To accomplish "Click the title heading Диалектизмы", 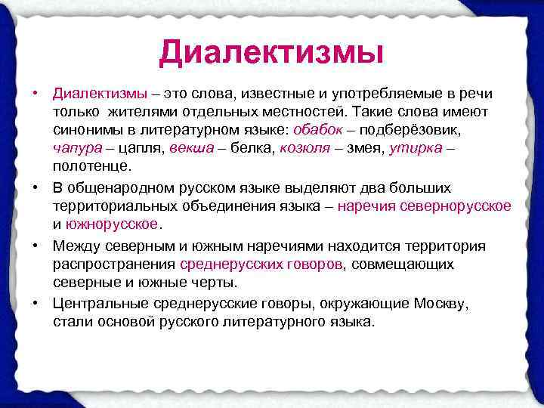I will click(271, 52).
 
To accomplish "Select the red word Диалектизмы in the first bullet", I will click(100, 94).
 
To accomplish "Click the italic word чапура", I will click(76, 147).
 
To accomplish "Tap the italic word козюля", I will click(304, 147).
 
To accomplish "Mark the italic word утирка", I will click(413, 147).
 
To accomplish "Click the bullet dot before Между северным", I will click(36, 246).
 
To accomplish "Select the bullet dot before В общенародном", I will click(36, 187).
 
